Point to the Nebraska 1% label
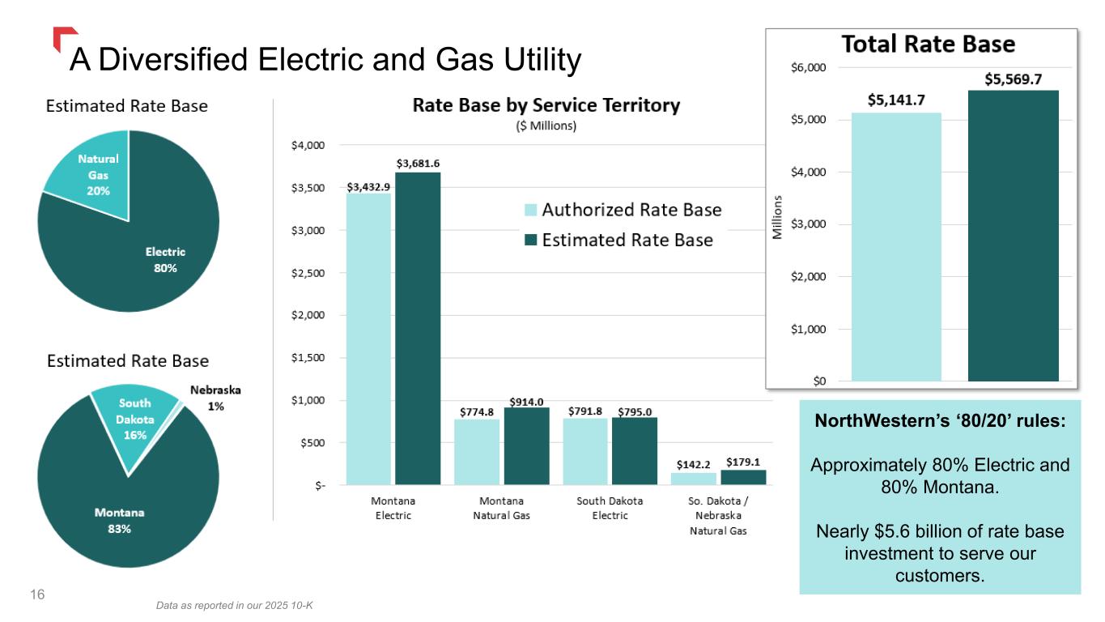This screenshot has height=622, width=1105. pyautogui.click(x=215, y=398)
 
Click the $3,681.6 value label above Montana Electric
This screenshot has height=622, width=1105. pyautogui.click(x=418, y=164)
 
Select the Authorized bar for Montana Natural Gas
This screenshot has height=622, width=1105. pyautogui.click(x=477, y=452)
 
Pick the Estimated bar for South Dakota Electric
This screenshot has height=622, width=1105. pyautogui.click(x=635, y=451)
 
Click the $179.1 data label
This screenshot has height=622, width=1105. pyautogui.click(x=743, y=462)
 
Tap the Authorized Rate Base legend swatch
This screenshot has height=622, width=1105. pyautogui.click(x=530, y=210)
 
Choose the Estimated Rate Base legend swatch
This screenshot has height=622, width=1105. pyautogui.click(x=530, y=240)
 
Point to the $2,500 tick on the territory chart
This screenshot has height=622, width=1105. pyautogui.click(x=308, y=273)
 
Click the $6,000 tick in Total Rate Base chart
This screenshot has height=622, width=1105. pyautogui.click(x=808, y=67)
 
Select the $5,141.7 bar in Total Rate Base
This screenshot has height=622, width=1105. pyautogui.click(x=896, y=247)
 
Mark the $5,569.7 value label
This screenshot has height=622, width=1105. pyautogui.click(x=1014, y=79)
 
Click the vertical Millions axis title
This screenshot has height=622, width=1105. pyautogui.click(x=777, y=217)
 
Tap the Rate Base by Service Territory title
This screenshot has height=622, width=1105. pyautogui.click(x=546, y=105)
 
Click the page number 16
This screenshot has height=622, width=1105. pyautogui.click(x=37, y=594)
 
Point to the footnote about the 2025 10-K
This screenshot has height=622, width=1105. pyautogui.click(x=234, y=605)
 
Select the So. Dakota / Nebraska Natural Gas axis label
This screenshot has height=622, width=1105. pyautogui.click(x=718, y=515)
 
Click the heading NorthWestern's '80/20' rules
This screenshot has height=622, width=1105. pyautogui.click(x=940, y=420)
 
